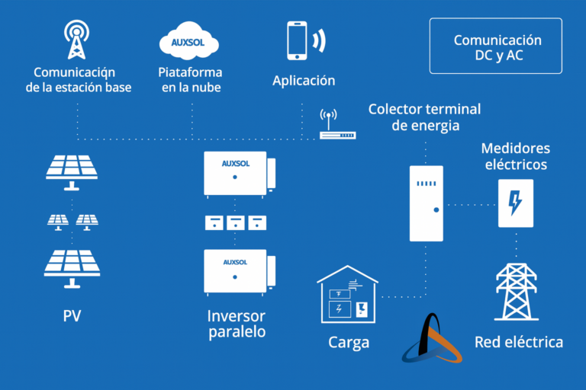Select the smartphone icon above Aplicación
pyautogui.click(x=298, y=40)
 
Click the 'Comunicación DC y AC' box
pyautogui.click(x=497, y=46)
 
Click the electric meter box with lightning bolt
pyautogui.click(x=516, y=203)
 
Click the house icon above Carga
pyautogui.click(x=348, y=296)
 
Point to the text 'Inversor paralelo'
pyautogui.click(x=236, y=323)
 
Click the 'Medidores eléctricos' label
pyautogui.click(x=516, y=155)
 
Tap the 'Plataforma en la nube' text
pyautogui.click(x=190, y=80)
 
